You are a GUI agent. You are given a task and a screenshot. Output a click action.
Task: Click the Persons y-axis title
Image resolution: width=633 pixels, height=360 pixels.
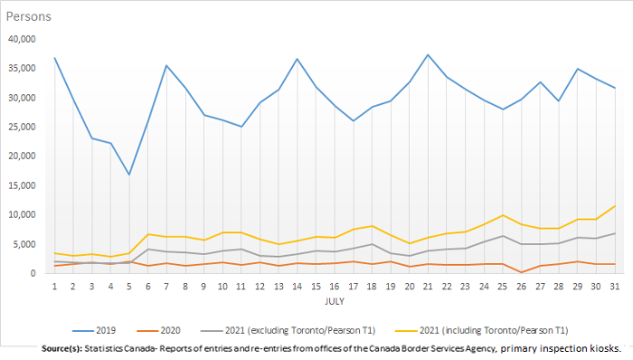(30, 16)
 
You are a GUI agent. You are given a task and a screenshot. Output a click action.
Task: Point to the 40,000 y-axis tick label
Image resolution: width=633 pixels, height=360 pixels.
(21, 39)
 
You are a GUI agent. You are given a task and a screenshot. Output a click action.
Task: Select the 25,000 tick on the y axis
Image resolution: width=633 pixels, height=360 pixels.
(21, 127)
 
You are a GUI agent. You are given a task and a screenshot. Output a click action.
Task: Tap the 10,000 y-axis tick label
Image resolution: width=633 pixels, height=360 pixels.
(21, 214)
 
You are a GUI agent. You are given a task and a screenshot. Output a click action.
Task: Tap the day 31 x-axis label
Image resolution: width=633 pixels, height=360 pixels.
(615, 287)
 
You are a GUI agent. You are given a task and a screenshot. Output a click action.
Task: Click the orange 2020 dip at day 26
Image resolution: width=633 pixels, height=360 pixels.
(521, 271)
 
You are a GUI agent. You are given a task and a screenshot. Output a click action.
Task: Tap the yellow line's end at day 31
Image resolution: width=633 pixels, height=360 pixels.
(615, 206)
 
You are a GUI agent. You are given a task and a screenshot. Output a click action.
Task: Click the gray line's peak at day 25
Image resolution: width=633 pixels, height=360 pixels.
(502, 236)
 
